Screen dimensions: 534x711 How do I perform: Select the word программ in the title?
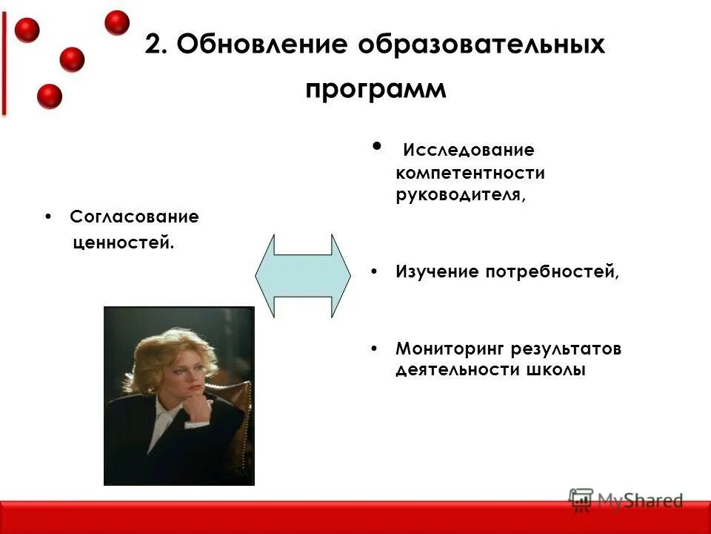click(x=376, y=90)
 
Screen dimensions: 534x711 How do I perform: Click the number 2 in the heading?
click(x=153, y=45)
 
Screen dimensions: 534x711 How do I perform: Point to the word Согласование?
click(x=134, y=217)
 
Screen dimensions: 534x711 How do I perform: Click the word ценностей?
click(x=124, y=243)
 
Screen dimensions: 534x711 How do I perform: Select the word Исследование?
click(x=468, y=151)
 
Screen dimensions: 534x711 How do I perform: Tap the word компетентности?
click(x=470, y=174)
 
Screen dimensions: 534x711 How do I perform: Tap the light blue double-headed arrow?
click(x=302, y=275)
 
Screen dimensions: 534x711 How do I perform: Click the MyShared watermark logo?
click(x=626, y=500)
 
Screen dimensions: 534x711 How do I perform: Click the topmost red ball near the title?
click(x=116, y=22)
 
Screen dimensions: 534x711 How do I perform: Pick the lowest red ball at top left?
click(x=50, y=96)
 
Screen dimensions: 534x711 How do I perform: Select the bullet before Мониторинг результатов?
click(x=375, y=349)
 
